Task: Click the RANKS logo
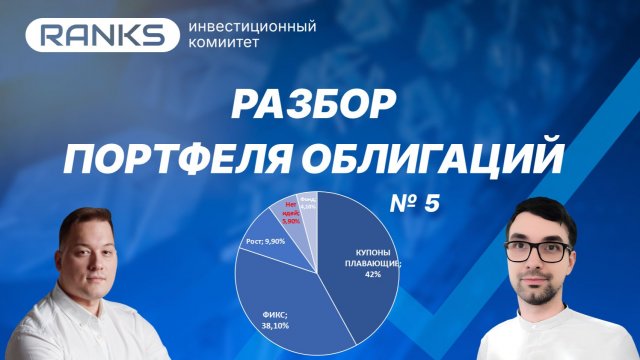coord(99,36)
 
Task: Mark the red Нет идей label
coord(294,209)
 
